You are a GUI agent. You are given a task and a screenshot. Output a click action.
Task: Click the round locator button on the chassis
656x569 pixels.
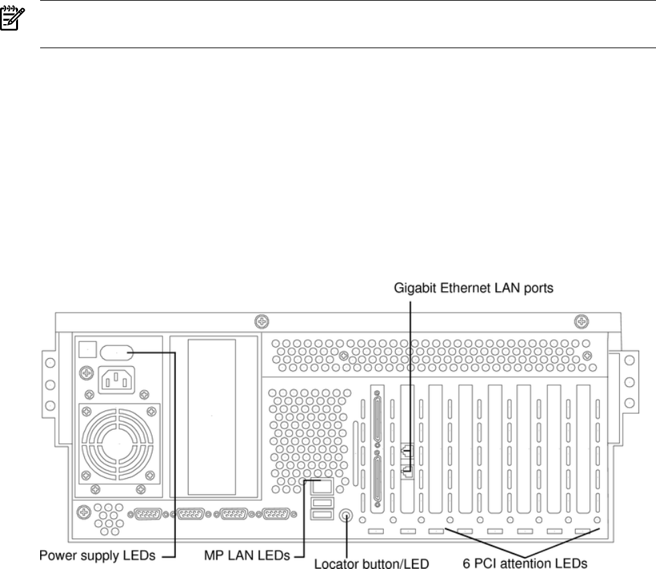(x=346, y=515)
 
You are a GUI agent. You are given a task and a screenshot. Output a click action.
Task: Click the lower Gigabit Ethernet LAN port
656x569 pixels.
(x=407, y=471)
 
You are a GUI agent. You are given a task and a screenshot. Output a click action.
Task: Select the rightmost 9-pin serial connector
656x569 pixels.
(x=276, y=514)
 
